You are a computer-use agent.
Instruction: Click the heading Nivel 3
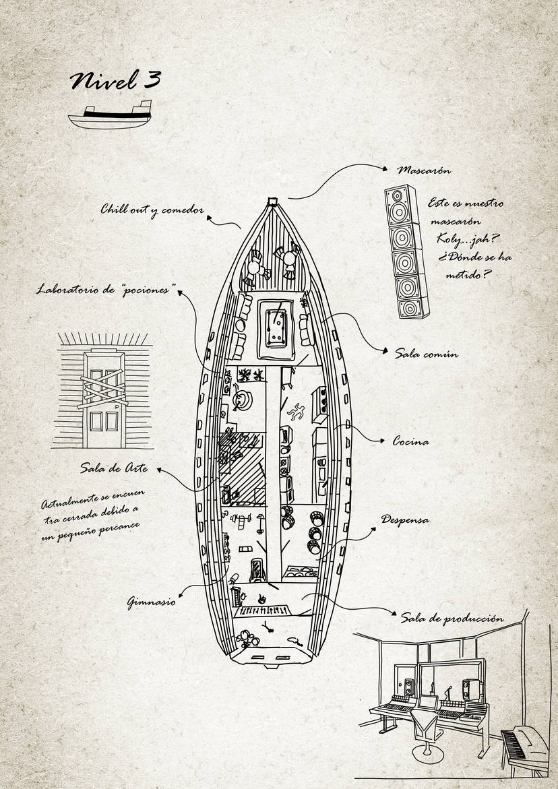[115, 80]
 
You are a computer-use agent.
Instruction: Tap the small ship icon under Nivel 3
[110, 115]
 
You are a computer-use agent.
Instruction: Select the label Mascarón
[424, 170]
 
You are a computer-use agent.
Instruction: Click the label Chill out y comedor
[152, 210]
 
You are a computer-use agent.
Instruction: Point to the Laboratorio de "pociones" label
[106, 290]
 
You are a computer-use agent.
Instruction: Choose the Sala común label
[426, 354]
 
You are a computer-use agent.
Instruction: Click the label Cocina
[410, 442]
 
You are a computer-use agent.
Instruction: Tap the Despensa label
[405, 519]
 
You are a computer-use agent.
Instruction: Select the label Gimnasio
[151, 601]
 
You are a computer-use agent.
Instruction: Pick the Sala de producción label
[452, 618]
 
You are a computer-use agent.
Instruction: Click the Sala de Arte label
[114, 468]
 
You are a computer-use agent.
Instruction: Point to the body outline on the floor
[295, 411]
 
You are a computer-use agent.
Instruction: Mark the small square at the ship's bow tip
[273, 201]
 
